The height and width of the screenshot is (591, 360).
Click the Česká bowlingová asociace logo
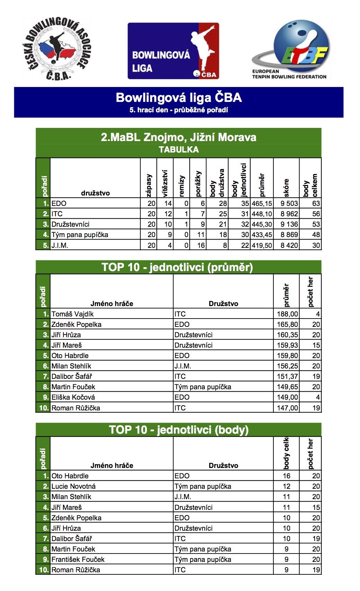click(56, 49)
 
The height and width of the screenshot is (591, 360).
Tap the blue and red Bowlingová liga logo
click(173, 51)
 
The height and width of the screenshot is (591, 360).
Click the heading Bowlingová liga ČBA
click(178, 97)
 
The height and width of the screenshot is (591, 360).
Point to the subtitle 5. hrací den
click(178, 110)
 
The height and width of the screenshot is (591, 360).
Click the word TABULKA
click(178, 150)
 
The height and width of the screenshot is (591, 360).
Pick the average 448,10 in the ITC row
click(262, 214)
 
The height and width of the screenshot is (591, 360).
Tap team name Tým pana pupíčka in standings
click(80, 235)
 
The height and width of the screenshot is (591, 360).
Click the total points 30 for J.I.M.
click(316, 245)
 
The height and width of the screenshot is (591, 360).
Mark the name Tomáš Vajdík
click(72, 314)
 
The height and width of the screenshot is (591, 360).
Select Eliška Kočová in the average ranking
click(73, 397)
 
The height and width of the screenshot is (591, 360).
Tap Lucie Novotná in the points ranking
click(73, 486)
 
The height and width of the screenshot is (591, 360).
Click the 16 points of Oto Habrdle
click(286, 476)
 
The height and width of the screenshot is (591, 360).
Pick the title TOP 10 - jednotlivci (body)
click(178, 430)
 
